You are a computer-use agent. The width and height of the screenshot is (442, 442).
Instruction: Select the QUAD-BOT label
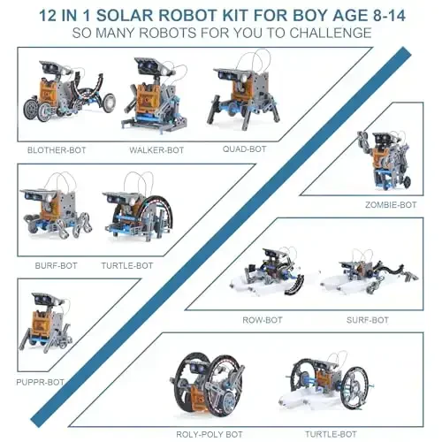point(245,149)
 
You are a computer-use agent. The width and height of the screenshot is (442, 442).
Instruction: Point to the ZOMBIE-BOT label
point(390,204)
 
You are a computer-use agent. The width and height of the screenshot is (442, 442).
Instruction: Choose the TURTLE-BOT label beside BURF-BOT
point(127,264)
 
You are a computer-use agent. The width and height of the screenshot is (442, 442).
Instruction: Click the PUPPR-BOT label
point(41,382)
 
